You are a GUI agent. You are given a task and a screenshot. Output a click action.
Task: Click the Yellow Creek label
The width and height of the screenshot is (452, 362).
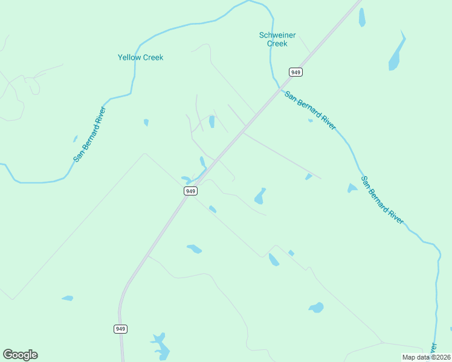[x=140, y=57]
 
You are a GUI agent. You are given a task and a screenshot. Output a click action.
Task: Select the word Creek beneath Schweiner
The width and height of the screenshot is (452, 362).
[x=277, y=43]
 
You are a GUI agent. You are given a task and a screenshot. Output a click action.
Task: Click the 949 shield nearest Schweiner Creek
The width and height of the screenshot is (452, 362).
[x=295, y=72]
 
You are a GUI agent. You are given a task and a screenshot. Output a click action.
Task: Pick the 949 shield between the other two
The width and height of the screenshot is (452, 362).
[x=190, y=191]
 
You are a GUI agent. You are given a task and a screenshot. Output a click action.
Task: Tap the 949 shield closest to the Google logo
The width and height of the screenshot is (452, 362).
[x=120, y=329]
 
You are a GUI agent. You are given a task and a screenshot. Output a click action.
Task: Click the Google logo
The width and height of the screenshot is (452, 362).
[x=20, y=355]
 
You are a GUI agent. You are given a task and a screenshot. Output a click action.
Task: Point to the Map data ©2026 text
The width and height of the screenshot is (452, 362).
[x=425, y=357]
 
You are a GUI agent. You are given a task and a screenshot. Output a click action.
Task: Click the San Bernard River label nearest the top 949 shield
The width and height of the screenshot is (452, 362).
[x=310, y=110]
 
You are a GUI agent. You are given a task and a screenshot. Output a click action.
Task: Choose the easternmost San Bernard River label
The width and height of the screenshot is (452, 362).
[x=382, y=200]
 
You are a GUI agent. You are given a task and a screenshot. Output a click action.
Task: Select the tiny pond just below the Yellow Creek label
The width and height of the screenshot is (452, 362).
[x=146, y=122]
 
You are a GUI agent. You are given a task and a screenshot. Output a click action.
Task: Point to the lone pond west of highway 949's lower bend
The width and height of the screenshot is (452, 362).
[x=67, y=298]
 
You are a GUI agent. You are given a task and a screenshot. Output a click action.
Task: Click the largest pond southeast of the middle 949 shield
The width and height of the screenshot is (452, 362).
[x=260, y=196]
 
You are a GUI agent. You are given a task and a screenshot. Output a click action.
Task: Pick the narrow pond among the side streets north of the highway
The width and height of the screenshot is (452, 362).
[x=211, y=121]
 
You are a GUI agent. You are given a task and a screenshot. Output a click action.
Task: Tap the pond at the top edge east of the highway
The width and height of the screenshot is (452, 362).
[x=362, y=17]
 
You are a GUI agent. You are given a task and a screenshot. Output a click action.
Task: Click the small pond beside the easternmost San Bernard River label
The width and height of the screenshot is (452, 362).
[x=352, y=188]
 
